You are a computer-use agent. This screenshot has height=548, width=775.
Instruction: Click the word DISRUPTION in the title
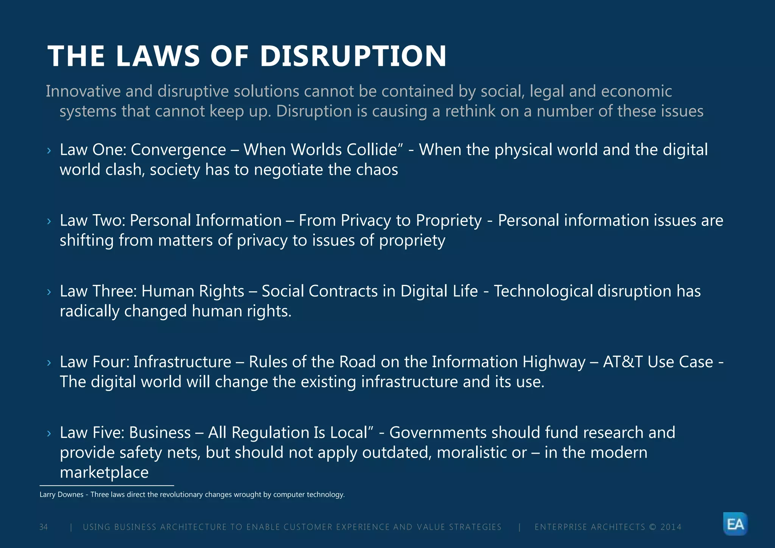(353, 56)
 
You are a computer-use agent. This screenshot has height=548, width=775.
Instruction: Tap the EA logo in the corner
(735, 524)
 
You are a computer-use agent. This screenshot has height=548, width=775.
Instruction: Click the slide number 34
(44, 527)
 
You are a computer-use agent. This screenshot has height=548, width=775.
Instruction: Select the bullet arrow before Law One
(49, 151)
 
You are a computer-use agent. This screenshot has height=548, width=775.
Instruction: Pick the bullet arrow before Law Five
(49, 433)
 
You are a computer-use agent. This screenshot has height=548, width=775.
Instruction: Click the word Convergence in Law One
(178, 150)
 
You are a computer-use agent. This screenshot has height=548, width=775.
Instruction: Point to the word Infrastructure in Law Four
(182, 362)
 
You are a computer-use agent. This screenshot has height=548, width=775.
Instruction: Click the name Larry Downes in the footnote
(61, 495)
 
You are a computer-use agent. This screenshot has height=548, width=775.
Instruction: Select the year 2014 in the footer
(671, 527)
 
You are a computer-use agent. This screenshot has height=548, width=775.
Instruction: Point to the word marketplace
(104, 473)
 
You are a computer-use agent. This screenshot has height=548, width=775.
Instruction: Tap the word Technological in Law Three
(543, 291)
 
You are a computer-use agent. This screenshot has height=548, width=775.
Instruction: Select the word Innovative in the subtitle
(83, 91)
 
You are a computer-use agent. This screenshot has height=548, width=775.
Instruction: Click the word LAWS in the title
(158, 56)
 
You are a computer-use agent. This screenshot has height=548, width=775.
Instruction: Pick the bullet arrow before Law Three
(49, 292)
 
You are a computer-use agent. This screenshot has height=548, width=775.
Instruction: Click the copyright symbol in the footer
(653, 527)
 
